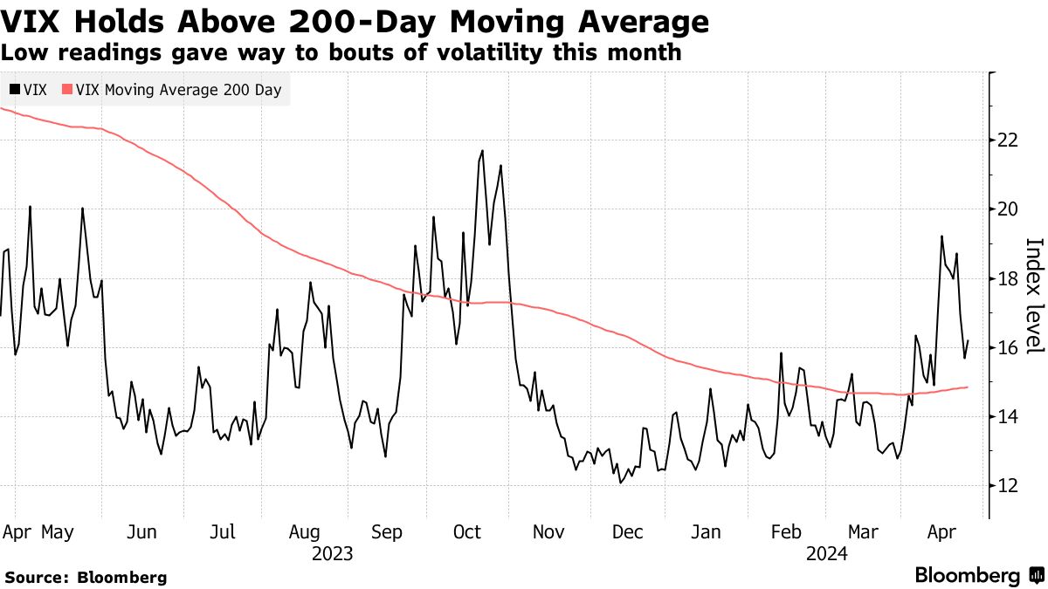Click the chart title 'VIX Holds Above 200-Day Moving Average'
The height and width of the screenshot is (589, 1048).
pyautogui.click(x=355, y=21)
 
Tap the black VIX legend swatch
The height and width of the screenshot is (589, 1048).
pyautogui.click(x=14, y=89)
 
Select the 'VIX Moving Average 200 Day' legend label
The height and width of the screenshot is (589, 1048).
pyautogui.click(x=178, y=89)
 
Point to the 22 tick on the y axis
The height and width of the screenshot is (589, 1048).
pyautogui.click(x=1007, y=140)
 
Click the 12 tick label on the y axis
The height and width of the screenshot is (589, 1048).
pyautogui.click(x=1007, y=485)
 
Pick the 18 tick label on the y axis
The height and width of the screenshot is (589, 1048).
pyautogui.click(x=1007, y=278)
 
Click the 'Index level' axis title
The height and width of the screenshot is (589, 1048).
pyautogui.click(x=1034, y=296)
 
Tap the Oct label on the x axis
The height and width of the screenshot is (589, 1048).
pyautogui.click(x=468, y=532)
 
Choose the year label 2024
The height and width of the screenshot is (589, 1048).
pyautogui.click(x=829, y=553)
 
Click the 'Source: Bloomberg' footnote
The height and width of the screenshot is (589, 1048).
pyautogui.click(x=86, y=577)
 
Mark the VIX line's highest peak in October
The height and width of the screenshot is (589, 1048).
pyautogui.click(x=482, y=150)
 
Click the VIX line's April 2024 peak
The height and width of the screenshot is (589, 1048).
pyautogui.click(x=941, y=236)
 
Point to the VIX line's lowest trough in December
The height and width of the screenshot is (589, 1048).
pyautogui.click(x=621, y=483)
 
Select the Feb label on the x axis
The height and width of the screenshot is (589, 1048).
pyautogui.click(x=788, y=532)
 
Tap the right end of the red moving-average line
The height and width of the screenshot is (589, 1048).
pyautogui.click(x=968, y=387)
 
